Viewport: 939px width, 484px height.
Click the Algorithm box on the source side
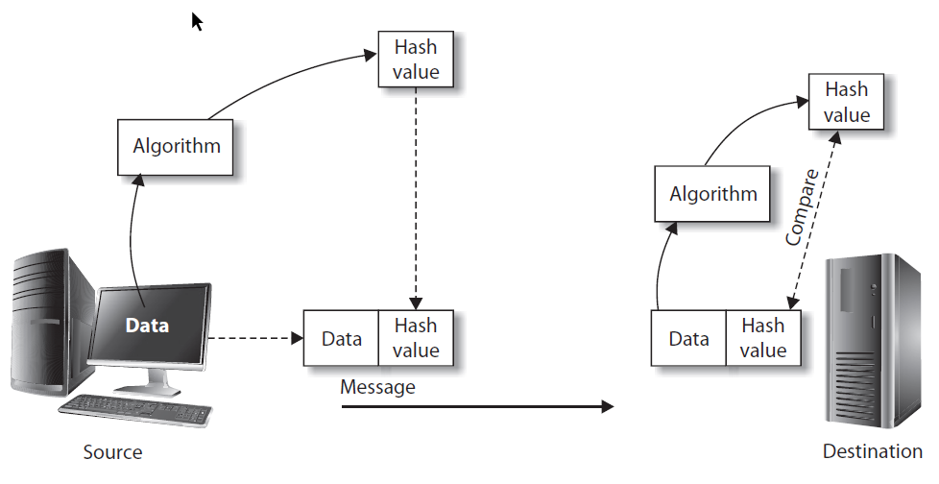tap(176, 147)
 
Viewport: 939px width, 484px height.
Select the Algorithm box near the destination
tap(712, 193)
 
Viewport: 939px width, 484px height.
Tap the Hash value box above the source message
tap(416, 59)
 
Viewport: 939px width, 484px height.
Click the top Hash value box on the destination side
tap(846, 102)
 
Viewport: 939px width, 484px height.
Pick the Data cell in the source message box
tap(342, 338)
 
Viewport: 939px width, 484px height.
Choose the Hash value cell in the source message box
tap(416, 338)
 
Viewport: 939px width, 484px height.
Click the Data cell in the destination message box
tap(688, 338)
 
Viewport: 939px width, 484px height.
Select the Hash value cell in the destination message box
tap(763, 338)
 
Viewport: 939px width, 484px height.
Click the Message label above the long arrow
tap(377, 387)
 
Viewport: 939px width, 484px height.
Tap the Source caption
tap(112, 452)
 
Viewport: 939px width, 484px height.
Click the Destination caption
tap(872, 452)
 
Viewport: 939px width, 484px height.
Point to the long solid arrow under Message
tap(476, 407)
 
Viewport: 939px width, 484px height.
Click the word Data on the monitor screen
tap(147, 326)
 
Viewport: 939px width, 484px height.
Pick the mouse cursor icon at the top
tap(197, 21)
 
